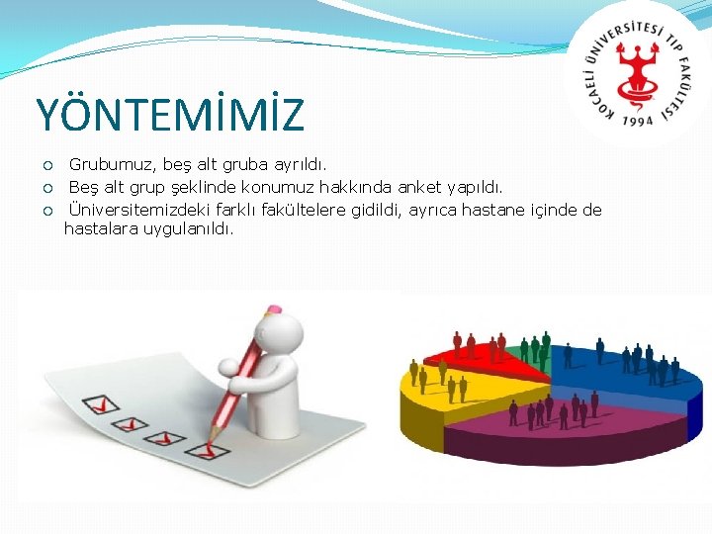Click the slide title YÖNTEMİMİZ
coord(170,115)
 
